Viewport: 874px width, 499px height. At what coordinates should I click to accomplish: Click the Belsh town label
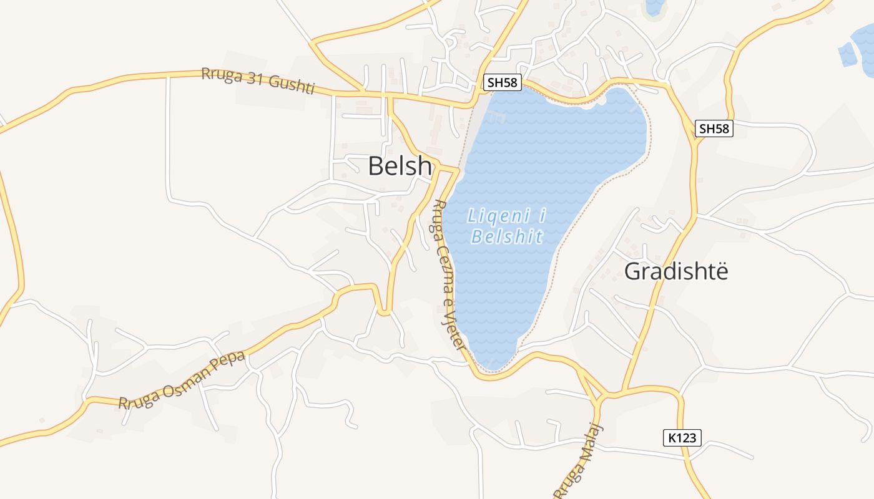(x=400, y=167)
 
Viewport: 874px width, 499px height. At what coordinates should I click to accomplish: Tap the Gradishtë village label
(x=676, y=271)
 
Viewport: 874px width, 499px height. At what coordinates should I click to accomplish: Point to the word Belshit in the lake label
(x=507, y=237)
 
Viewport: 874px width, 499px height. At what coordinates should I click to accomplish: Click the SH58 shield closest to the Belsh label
(x=503, y=82)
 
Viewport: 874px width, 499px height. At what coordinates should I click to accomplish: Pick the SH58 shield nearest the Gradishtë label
(x=714, y=129)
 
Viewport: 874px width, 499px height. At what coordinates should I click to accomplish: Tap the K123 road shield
(x=682, y=438)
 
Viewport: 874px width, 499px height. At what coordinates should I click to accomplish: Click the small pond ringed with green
(x=654, y=7)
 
